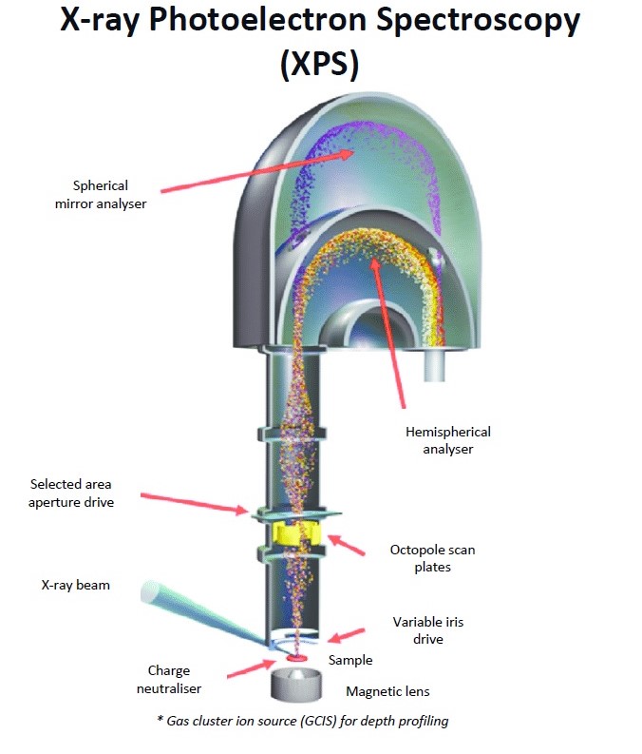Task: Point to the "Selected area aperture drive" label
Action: [x=72, y=493]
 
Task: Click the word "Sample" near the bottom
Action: [x=349, y=660]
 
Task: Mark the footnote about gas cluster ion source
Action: [x=302, y=721]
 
